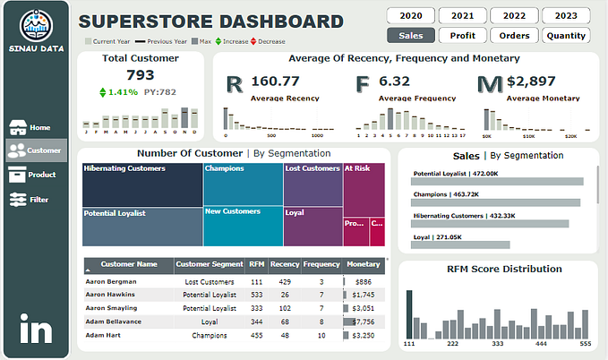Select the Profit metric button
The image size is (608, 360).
[463, 36]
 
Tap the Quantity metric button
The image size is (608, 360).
[566, 36]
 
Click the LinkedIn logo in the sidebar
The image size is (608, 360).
[36, 330]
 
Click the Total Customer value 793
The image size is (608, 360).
[141, 75]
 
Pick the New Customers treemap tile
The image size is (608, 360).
[243, 226]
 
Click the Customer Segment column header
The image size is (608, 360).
[209, 264]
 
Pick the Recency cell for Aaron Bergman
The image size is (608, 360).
[285, 281]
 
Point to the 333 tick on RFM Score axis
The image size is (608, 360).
[496, 343]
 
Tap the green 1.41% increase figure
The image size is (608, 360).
[123, 91]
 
